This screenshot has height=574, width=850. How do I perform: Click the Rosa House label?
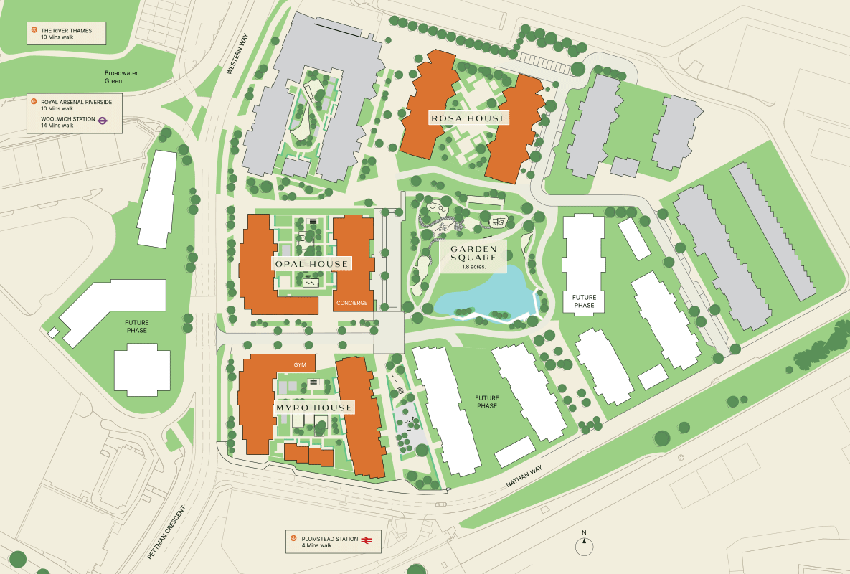point(468,118)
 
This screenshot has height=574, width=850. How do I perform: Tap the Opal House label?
point(311,264)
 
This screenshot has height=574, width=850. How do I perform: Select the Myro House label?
point(314,408)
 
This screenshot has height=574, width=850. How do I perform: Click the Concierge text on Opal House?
point(351,303)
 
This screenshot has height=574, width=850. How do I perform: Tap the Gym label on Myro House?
point(300,365)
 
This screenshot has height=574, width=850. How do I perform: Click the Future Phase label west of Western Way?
point(136,326)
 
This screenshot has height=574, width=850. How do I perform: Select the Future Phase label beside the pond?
point(583,301)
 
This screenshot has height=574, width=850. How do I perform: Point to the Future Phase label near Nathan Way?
point(487,402)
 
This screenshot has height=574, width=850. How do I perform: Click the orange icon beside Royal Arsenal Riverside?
point(34,101)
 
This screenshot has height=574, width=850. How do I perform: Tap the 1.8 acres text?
point(473,267)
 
